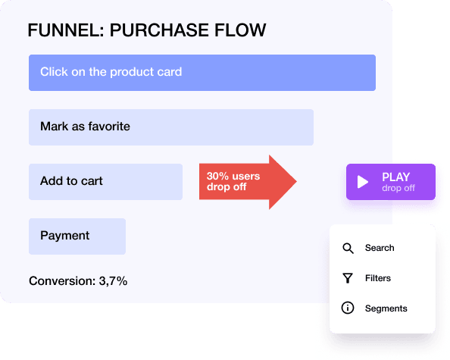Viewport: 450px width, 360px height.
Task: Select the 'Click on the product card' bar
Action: [x=202, y=73]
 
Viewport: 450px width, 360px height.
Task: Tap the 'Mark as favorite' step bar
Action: [x=170, y=127]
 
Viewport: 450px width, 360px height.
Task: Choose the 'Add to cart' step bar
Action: [x=105, y=182]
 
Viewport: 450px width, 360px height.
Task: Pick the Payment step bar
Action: [x=77, y=236]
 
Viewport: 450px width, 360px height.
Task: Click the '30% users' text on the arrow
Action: [x=233, y=177]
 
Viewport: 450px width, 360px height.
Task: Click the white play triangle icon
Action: [x=363, y=182]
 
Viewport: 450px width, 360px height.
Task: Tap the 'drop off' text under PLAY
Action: [x=398, y=188]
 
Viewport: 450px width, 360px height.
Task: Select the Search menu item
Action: [x=380, y=248]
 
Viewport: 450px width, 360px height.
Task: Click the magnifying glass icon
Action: [x=348, y=248]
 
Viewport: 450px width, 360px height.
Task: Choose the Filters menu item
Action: [x=378, y=278]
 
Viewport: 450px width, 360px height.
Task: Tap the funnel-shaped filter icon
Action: [x=348, y=278]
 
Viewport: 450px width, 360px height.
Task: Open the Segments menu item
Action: [x=386, y=308]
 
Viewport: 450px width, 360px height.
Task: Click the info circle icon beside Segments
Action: [x=348, y=308]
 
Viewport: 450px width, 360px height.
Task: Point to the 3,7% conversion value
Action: [x=113, y=281]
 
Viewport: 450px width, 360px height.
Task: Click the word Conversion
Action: [x=62, y=281]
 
